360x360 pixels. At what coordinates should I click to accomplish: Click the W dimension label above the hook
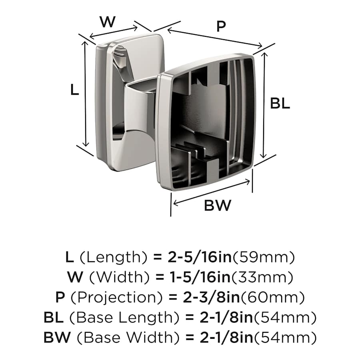[x=107, y=22]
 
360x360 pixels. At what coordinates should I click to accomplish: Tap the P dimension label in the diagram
[x=221, y=27]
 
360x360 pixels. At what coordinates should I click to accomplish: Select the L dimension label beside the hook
[x=74, y=90]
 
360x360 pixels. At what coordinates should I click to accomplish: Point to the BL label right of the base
[x=280, y=104]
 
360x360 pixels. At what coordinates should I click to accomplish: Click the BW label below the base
[x=218, y=206]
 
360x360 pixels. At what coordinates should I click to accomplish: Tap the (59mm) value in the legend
[x=264, y=257]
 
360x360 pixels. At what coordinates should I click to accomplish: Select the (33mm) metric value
[x=264, y=277]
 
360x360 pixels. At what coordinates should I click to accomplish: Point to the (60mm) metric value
[x=275, y=297]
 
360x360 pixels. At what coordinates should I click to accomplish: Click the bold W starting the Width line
[x=74, y=277]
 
